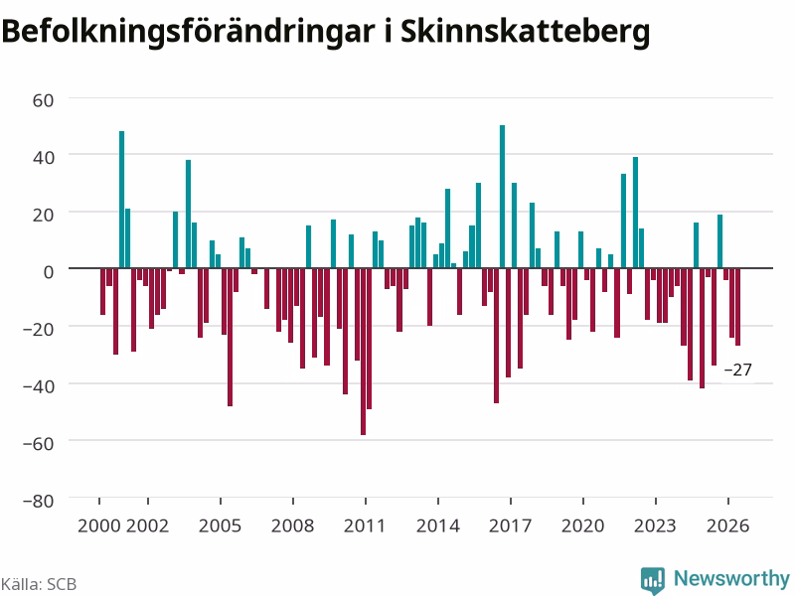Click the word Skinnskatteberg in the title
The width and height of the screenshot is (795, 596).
click(525, 32)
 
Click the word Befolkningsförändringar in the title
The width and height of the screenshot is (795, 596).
click(188, 32)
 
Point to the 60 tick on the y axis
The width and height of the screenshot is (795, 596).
click(43, 100)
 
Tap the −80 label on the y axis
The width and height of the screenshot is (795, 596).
click(39, 501)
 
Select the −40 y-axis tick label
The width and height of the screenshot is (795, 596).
click(39, 386)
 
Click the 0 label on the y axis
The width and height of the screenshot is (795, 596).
click(49, 272)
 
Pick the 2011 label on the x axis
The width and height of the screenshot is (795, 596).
click(365, 525)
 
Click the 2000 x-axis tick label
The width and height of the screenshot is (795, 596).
click(98, 525)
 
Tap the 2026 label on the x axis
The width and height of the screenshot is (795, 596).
click(727, 525)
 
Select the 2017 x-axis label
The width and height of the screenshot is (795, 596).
click(510, 525)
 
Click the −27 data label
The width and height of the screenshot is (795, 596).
click(737, 370)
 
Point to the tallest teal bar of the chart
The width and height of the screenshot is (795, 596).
click(503, 197)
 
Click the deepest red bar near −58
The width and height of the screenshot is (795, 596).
click(363, 352)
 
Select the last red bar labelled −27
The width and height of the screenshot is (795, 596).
click(737, 307)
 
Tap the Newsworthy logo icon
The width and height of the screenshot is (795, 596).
click(653, 580)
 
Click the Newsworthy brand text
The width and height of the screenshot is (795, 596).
click(731, 578)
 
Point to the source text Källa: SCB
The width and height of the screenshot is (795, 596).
click(39, 584)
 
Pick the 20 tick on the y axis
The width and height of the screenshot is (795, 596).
click(43, 215)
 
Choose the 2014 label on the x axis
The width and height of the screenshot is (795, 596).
click(437, 525)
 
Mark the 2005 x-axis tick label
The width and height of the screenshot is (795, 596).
click(220, 525)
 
